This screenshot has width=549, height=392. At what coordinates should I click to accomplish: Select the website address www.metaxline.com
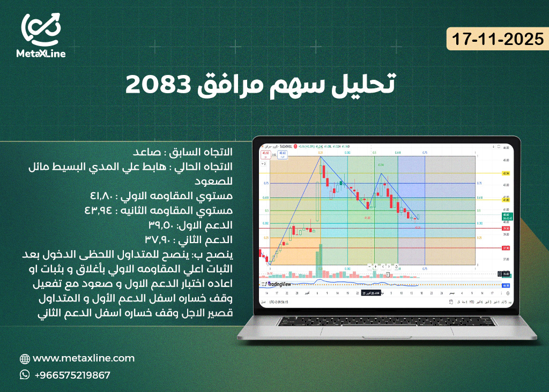click(x=84, y=358)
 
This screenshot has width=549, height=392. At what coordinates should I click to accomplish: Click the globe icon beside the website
click(x=25, y=359)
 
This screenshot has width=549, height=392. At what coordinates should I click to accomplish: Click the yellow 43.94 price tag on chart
click(x=505, y=174)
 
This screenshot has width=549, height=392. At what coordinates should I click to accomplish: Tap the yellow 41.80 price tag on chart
click(x=505, y=199)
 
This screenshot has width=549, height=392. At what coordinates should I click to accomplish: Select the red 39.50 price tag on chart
click(x=505, y=228)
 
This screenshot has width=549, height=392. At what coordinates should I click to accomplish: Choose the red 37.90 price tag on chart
click(x=505, y=248)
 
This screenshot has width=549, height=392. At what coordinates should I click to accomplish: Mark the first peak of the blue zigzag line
click(x=321, y=157)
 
